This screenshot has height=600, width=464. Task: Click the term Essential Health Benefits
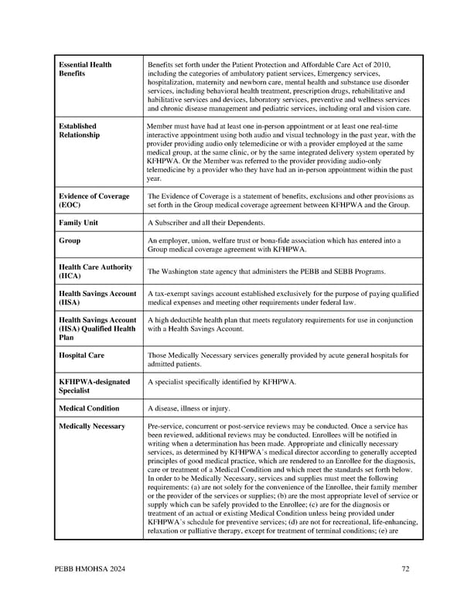pos(85,69)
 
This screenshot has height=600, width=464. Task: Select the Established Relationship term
pos(79,130)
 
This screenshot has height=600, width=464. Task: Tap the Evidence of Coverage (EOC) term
pos(94,201)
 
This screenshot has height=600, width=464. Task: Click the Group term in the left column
pos(70,241)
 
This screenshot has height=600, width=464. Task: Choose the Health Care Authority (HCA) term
pos(95,271)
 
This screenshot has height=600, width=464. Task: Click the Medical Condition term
pos(89,408)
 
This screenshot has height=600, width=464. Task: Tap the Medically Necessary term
pos(92,427)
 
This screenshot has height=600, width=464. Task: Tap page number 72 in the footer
pos(405,570)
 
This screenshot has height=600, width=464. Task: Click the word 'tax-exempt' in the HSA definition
pos(172,294)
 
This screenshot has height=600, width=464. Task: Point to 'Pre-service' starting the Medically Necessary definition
pos(166,427)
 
